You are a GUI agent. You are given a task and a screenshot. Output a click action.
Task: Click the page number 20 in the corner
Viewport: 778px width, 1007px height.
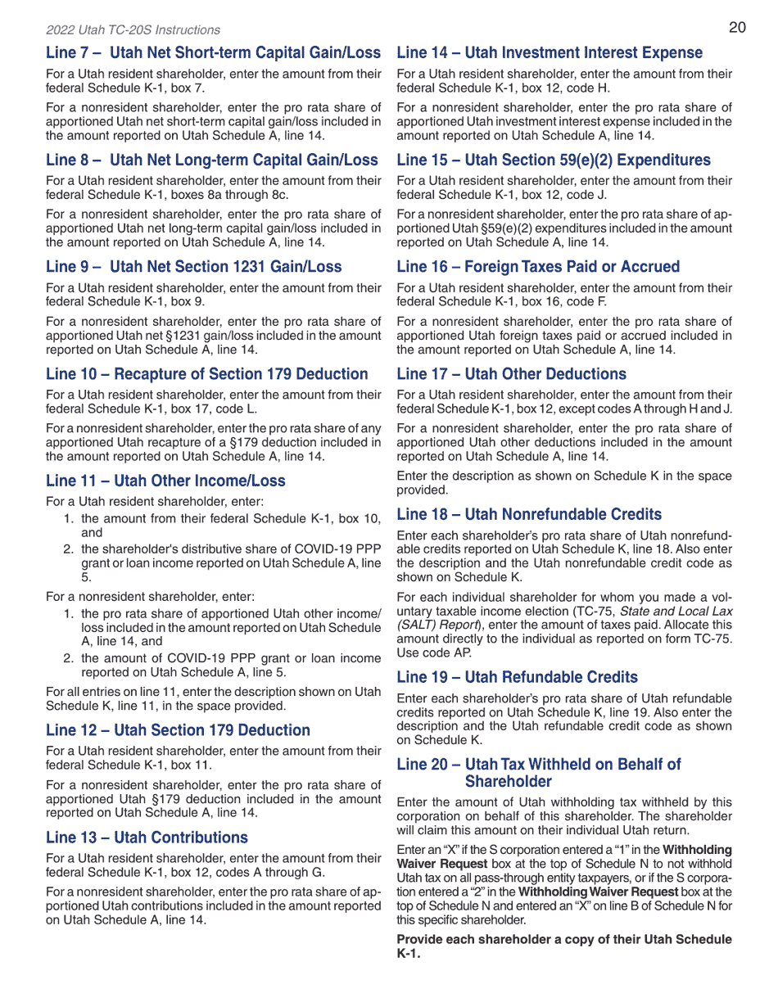pyautogui.click(x=736, y=28)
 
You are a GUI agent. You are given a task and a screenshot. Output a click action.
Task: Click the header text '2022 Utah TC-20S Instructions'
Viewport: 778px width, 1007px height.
pyautogui.click(x=133, y=30)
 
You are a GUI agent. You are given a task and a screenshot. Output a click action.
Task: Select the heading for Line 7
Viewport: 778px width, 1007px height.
pyautogui.click(x=213, y=53)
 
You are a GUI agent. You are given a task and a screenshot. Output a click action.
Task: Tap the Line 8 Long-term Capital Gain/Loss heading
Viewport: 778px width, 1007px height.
pyautogui.click(x=212, y=160)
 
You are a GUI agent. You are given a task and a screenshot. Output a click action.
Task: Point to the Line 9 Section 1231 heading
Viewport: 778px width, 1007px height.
pyautogui.click(x=194, y=267)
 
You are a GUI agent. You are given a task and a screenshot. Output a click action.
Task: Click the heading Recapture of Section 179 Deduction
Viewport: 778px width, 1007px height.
pyautogui.click(x=207, y=374)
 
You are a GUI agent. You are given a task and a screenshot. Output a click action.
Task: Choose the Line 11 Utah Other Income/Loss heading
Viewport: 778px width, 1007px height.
pyautogui.click(x=165, y=481)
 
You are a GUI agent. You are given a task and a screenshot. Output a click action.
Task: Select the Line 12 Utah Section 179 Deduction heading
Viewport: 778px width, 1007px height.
pyautogui.click(x=178, y=730)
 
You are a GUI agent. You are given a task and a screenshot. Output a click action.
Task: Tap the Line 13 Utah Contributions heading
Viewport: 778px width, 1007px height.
pyautogui.click(x=147, y=838)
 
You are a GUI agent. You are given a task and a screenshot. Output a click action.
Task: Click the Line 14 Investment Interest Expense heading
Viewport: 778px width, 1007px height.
pyautogui.click(x=550, y=53)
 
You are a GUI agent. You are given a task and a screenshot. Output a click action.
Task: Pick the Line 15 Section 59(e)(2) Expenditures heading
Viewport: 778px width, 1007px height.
pyautogui.click(x=554, y=160)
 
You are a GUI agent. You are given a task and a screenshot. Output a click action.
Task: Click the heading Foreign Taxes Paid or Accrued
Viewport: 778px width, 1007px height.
pyautogui.click(x=538, y=267)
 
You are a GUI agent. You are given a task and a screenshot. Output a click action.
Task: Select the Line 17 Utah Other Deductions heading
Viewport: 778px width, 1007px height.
pyautogui.click(x=511, y=374)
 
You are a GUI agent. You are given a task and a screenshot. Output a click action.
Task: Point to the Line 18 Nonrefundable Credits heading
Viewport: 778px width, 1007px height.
pyautogui.click(x=529, y=515)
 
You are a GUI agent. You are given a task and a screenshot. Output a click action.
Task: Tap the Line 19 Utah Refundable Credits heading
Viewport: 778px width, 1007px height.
pyautogui.click(x=517, y=678)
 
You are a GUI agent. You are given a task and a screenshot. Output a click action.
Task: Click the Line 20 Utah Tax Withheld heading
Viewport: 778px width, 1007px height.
pyautogui.click(x=539, y=773)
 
